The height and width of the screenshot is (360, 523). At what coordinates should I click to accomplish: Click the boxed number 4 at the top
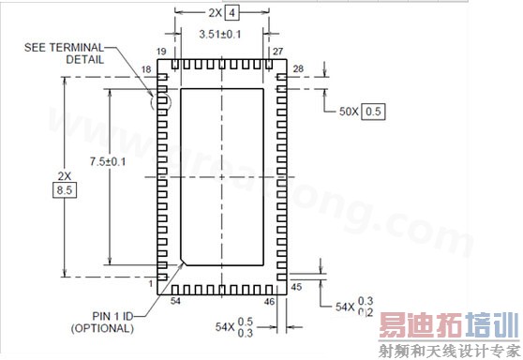pyautogui.click(x=232, y=12)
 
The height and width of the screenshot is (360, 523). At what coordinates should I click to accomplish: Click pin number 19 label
pyautogui.click(x=162, y=52)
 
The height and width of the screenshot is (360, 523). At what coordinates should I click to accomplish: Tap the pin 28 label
pyautogui.click(x=299, y=70)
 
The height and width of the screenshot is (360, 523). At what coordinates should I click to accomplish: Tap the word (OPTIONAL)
pyautogui.click(x=102, y=328)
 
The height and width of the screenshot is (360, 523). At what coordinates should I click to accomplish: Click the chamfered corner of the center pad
pyautogui.click(x=185, y=260)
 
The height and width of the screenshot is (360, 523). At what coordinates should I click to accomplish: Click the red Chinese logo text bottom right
pyautogui.click(x=448, y=327)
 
